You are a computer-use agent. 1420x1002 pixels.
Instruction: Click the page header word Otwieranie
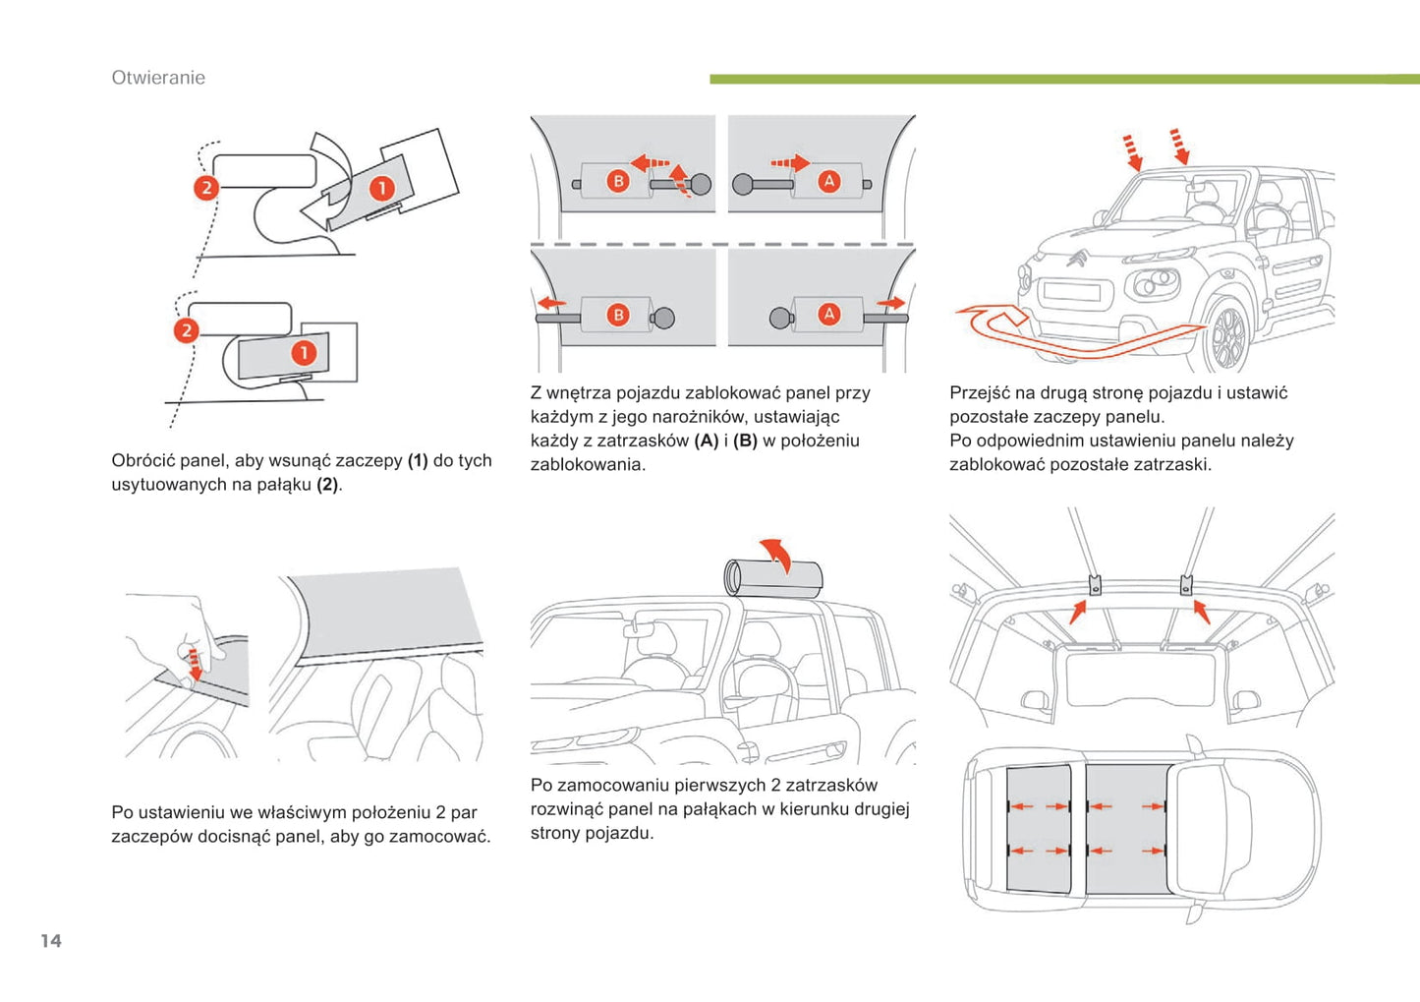coord(158,78)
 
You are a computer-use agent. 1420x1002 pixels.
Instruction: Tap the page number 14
coord(51,941)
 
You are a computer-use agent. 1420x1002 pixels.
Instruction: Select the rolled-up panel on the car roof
coord(772,578)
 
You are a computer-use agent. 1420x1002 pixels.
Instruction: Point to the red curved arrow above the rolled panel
coord(776,552)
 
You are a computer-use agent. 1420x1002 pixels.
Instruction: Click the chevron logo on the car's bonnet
coord(1076,259)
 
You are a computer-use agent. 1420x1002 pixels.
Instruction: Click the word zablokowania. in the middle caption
coord(588,465)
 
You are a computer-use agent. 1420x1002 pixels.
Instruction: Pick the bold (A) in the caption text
coord(706,441)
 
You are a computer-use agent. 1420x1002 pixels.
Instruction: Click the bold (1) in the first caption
coord(418,460)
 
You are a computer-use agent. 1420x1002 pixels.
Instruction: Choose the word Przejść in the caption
coord(982,393)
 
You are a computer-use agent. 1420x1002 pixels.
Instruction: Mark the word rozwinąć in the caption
coord(567,809)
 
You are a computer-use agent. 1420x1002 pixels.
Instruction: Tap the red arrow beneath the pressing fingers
coord(194,664)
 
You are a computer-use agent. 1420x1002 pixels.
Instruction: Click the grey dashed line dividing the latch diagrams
coord(722,244)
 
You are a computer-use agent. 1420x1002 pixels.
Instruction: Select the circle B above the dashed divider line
coord(618,181)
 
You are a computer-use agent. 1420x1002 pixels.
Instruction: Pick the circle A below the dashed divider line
coord(829,315)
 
